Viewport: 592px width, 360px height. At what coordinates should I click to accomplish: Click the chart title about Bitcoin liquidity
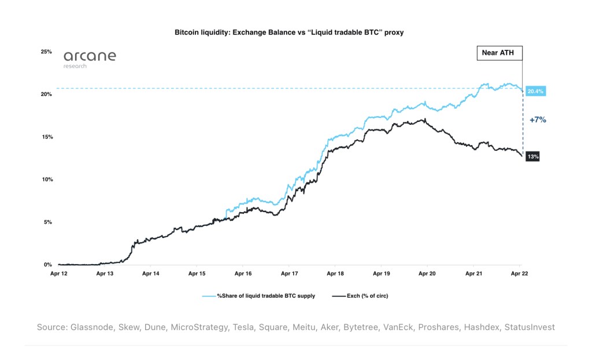289,32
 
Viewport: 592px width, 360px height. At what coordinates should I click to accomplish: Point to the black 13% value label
532,157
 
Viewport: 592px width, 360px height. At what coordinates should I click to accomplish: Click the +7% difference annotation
538,120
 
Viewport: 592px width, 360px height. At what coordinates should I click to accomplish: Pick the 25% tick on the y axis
46,51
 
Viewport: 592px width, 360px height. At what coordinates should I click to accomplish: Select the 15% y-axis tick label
46,137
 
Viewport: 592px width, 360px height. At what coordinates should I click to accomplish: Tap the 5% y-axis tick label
48,222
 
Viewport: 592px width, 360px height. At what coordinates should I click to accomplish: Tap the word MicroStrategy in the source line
197,327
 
